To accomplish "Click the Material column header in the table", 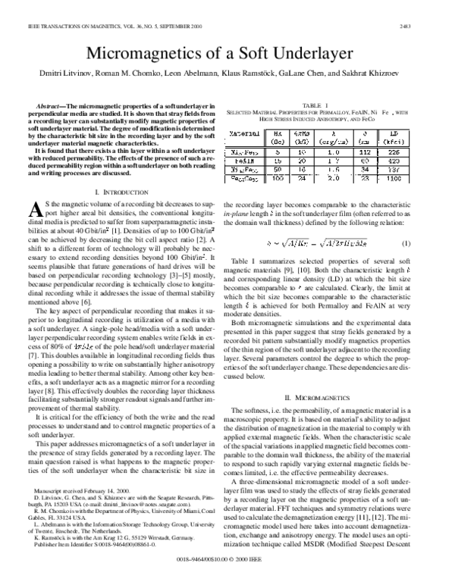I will coord(246,133).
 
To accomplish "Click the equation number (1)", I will coord(426,243).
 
